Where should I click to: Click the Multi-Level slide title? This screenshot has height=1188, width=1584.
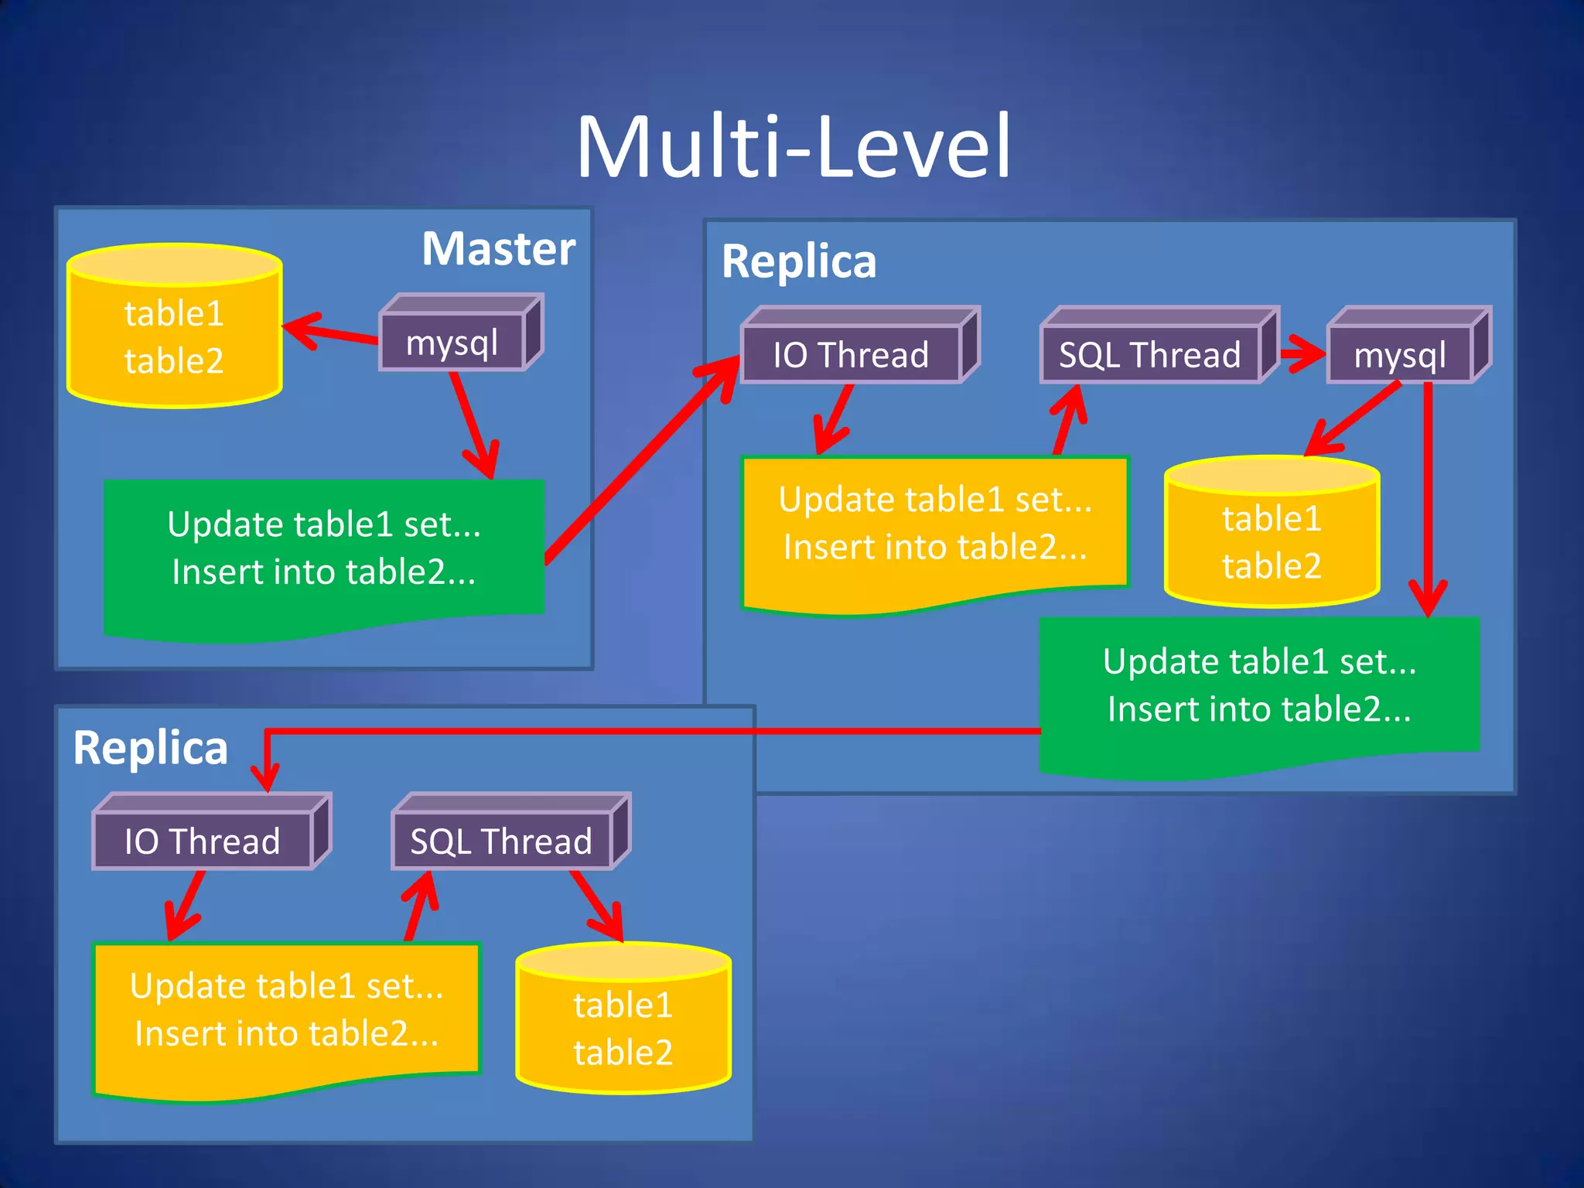pos(794,146)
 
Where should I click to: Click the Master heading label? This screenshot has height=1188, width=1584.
pos(498,248)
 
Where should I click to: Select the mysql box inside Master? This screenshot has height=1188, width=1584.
pos(452,343)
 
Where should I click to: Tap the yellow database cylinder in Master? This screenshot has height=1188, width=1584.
pos(174,336)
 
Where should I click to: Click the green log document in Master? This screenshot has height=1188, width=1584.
pos(323,549)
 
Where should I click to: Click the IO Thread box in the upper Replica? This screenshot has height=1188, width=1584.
pos(851,355)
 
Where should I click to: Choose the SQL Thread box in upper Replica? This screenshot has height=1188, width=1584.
pos(1150,355)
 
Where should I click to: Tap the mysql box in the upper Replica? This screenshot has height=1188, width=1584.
pos(1399,355)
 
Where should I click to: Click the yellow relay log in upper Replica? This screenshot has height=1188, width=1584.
pos(934,526)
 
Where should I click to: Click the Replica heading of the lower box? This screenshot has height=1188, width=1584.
pos(151,748)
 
